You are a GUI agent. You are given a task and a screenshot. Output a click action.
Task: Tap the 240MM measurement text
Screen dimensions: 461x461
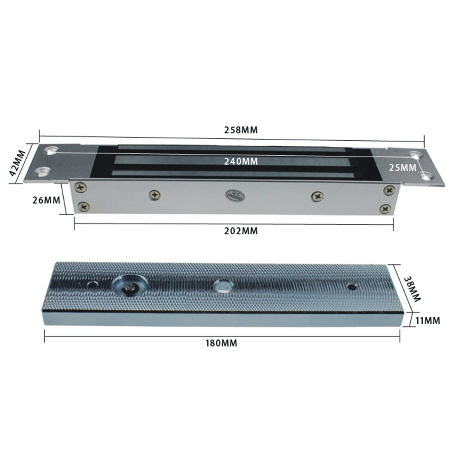click(x=241, y=161)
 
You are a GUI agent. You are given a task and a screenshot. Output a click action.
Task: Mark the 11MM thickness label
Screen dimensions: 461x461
click(x=428, y=320)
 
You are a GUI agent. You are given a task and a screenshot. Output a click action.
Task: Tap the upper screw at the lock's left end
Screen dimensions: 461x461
click(x=81, y=188)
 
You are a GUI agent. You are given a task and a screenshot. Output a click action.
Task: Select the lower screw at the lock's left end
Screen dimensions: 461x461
click(x=83, y=206)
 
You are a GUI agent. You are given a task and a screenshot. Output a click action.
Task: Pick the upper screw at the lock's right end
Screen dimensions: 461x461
click(x=390, y=189)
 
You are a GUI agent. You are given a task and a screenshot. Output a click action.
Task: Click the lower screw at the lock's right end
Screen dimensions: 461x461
click(x=385, y=209)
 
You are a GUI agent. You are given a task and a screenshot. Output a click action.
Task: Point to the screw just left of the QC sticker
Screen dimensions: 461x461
click(x=154, y=195)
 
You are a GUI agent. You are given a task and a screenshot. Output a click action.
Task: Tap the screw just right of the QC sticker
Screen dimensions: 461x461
click(x=317, y=196)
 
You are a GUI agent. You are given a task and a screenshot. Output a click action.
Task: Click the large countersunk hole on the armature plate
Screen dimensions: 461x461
click(x=128, y=284)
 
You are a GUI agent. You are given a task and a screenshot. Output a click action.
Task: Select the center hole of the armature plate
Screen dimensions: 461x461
click(x=222, y=286)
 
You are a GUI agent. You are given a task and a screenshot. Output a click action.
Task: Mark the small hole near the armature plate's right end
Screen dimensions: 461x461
click(x=352, y=287)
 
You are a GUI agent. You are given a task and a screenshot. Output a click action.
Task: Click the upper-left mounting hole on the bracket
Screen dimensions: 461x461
click(x=51, y=150)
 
